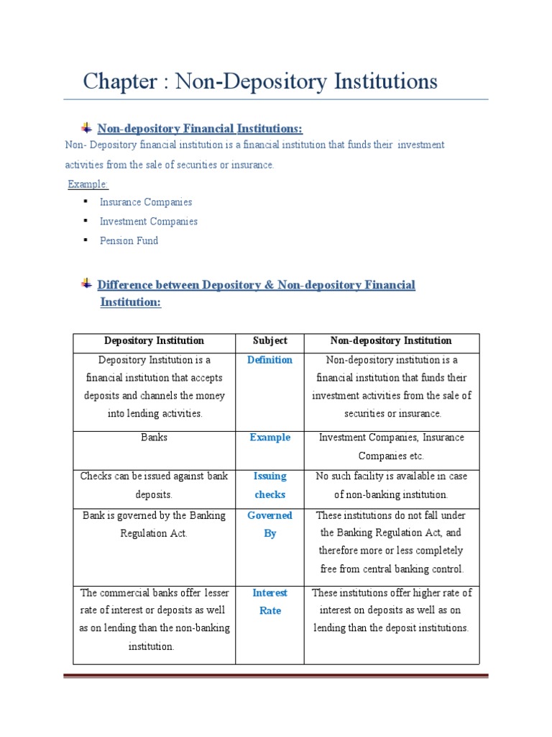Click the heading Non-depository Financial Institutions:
pyautogui.click(x=200, y=129)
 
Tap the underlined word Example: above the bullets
pyautogui.click(x=88, y=184)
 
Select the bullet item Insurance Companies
pyautogui.click(x=146, y=202)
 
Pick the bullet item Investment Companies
pyautogui.click(x=149, y=222)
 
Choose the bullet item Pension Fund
pyautogui.click(x=129, y=240)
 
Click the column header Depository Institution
pyautogui.click(x=155, y=340)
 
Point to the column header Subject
pyautogui.click(x=270, y=340)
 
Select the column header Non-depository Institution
pyautogui.click(x=392, y=340)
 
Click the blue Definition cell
pyautogui.click(x=270, y=360)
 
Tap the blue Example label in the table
pyautogui.click(x=270, y=438)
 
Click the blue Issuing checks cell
pyautogui.click(x=270, y=485)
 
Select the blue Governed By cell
pyautogui.click(x=270, y=524)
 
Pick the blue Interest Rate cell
pyautogui.click(x=270, y=602)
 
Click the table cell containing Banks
pyautogui.click(x=155, y=438)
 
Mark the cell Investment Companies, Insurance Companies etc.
pyautogui.click(x=392, y=446)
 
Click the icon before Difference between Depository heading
pyautogui.click(x=86, y=284)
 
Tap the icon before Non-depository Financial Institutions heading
pyautogui.click(x=86, y=127)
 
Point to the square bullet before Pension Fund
pyautogui.click(x=85, y=240)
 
